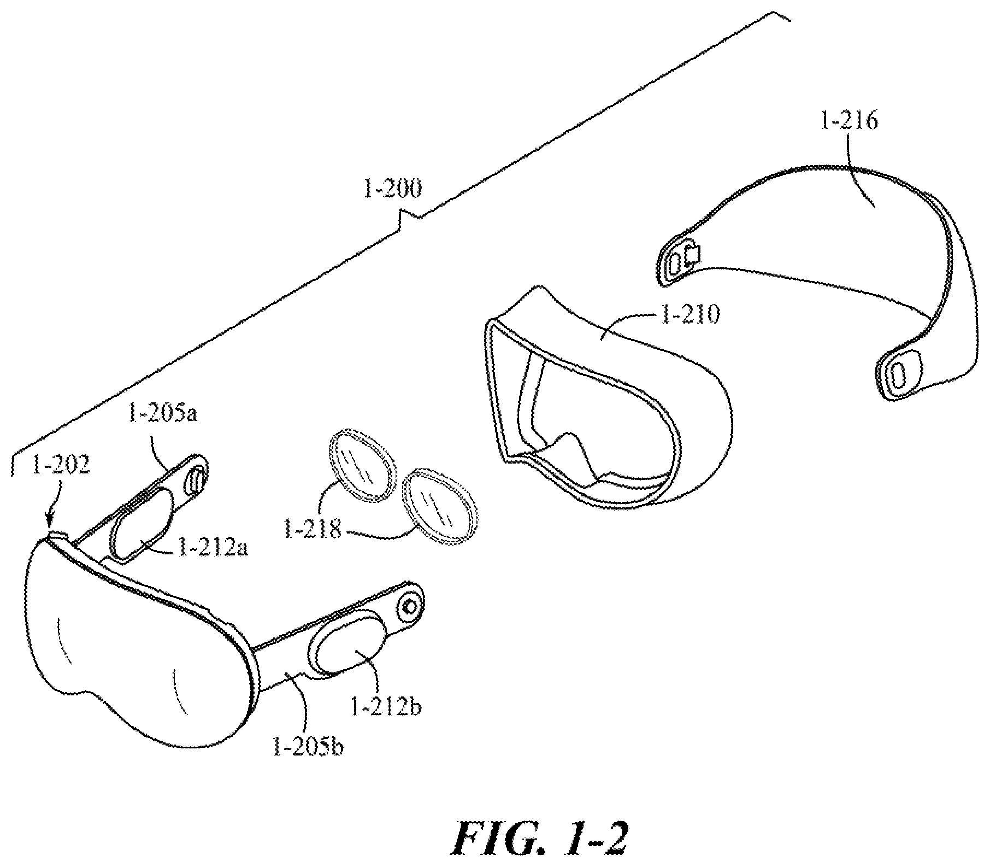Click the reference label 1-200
point(393,190)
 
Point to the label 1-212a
point(213,547)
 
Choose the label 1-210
point(690,315)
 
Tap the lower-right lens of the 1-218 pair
point(439,507)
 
